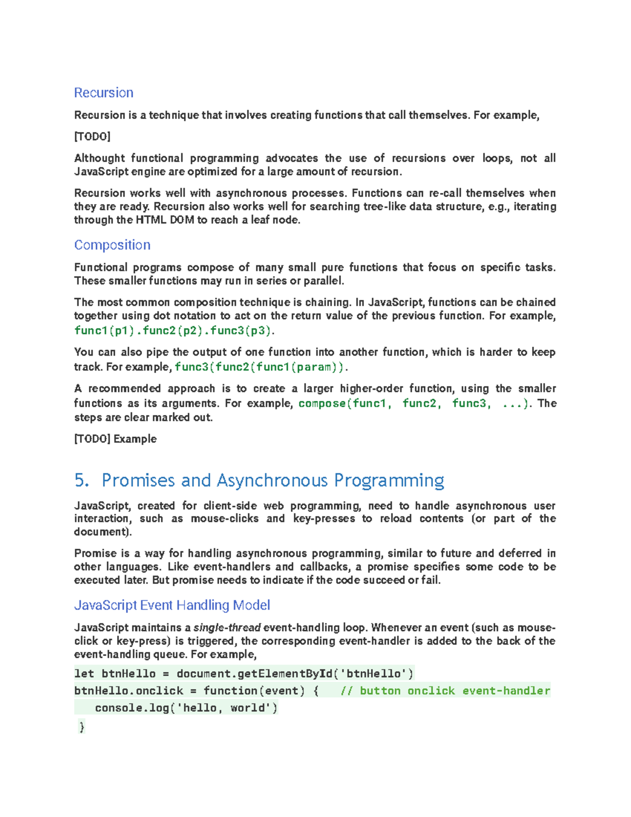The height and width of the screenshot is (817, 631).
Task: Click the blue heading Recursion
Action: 104,93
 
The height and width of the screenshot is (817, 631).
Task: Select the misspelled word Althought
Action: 99,158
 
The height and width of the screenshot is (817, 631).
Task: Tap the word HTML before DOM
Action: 151,220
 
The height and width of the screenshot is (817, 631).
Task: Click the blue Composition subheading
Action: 112,245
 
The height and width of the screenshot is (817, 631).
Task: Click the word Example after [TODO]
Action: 135,439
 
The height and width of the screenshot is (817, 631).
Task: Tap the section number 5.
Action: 82,480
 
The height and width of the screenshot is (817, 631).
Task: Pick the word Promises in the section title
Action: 138,480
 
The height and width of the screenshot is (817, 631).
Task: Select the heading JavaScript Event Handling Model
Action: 172,605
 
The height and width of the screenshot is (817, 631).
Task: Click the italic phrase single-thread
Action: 227,628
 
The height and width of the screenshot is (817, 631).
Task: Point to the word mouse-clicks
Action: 225,519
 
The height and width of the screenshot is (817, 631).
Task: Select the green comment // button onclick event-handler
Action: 445,691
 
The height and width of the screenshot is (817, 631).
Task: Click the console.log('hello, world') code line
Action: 186,708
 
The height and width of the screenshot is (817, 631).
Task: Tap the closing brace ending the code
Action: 82,727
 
